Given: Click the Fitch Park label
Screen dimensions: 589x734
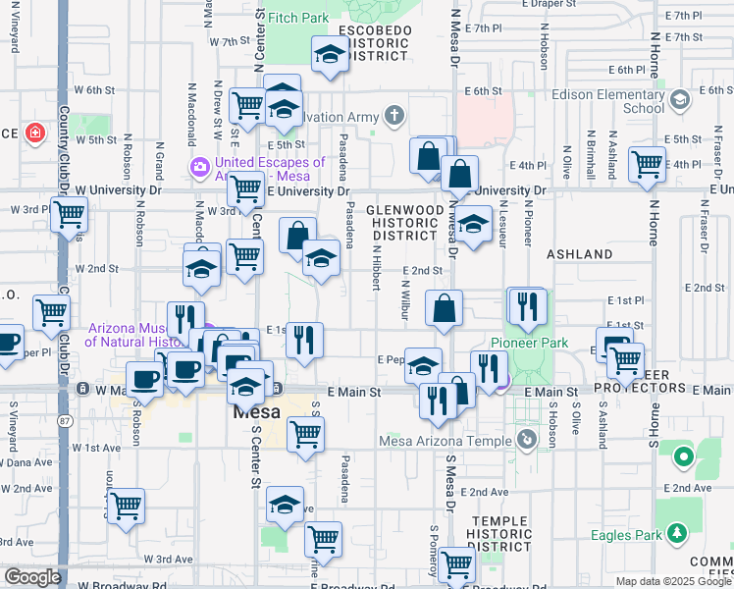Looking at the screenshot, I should [297, 18].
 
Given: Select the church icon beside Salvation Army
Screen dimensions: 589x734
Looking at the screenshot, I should [393, 117].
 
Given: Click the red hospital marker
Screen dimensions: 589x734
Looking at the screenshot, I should [36, 132].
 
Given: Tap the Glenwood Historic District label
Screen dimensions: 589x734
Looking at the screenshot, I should [402, 223].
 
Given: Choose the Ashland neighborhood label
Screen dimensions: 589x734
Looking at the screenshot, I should [579, 254].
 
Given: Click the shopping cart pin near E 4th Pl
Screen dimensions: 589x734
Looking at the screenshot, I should [648, 166].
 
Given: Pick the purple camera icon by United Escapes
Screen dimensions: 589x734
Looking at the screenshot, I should [200, 168].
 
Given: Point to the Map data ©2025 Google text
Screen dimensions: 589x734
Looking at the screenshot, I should [672, 581].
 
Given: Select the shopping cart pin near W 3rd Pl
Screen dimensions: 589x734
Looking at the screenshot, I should [69, 215].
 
